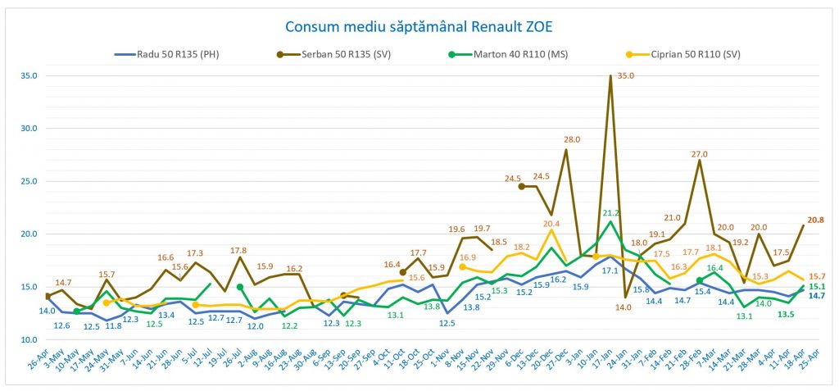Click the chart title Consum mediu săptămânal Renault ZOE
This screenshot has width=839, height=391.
(x=419, y=26)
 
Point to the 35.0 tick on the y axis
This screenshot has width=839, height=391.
(x=28, y=75)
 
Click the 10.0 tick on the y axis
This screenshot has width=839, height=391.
(x=28, y=339)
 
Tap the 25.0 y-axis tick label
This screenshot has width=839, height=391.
(x=28, y=181)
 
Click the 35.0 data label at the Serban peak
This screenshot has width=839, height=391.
(x=626, y=75)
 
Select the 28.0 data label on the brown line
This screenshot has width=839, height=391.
(x=572, y=140)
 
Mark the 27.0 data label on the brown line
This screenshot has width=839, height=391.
(x=700, y=154)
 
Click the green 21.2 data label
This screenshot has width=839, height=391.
(x=610, y=212)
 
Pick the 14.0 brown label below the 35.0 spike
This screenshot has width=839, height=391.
(x=624, y=307)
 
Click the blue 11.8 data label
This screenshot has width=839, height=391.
(x=114, y=326)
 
